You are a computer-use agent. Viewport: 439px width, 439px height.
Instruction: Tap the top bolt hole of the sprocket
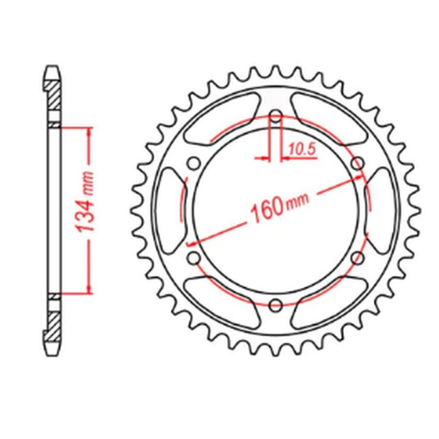(x=276, y=116)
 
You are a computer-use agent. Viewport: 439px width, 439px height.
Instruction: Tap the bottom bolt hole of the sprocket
(x=276, y=304)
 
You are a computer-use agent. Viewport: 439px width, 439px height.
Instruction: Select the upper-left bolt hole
(x=193, y=163)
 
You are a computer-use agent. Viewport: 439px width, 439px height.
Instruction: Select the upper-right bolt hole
(x=358, y=163)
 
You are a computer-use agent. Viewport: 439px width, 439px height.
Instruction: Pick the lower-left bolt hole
(x=193, y=257)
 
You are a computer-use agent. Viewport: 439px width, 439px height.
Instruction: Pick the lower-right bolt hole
(x=358, y=257)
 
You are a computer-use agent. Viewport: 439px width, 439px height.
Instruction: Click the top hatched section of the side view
(x=53, y=95)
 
